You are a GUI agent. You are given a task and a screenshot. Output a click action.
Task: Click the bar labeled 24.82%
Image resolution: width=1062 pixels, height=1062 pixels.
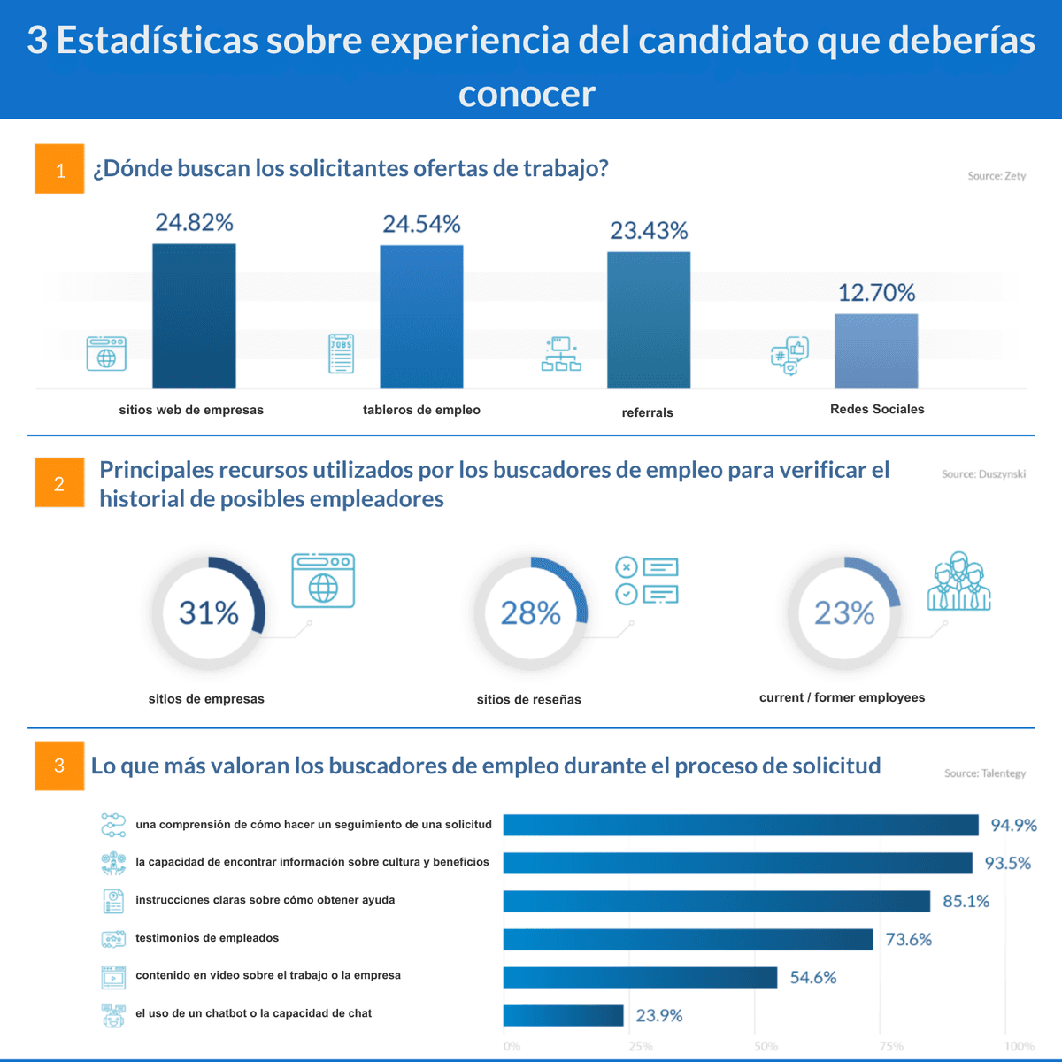coord(194,316)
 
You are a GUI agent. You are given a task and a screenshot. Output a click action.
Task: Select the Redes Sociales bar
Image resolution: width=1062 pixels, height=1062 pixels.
coord(875,350)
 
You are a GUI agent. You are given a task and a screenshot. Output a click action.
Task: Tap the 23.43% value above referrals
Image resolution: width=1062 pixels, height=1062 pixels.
coord(649,231)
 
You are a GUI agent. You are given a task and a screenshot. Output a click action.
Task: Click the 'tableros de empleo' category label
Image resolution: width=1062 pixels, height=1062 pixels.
coord(421,410)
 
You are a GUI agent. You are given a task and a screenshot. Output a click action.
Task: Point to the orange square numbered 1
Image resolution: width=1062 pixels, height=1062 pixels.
coord(59,169)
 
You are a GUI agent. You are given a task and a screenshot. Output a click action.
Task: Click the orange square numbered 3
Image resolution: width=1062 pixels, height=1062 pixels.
coord(59,766)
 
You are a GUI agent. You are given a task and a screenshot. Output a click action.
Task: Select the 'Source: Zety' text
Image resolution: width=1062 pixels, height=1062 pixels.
coord(997,176)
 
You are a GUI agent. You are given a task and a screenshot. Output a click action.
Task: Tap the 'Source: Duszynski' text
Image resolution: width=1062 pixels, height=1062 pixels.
coord(983,474)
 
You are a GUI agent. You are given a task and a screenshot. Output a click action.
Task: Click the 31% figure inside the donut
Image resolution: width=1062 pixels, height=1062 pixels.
coord(209,612)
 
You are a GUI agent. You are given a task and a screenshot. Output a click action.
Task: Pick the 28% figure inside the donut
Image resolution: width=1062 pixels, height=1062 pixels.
coord(531,612)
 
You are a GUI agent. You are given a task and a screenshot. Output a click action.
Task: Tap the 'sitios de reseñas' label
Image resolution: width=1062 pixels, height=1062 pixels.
coord(528,699)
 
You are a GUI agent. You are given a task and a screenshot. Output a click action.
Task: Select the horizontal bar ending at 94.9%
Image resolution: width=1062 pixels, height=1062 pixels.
coord(741,825)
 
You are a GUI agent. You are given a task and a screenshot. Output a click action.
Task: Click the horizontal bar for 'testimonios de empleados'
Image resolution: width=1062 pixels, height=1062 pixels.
coord(688,939)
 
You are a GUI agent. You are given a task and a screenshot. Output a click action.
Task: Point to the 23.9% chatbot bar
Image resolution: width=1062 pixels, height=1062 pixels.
coord(563,1015)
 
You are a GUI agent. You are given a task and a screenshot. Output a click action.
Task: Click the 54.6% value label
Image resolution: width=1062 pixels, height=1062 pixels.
coord(812,977)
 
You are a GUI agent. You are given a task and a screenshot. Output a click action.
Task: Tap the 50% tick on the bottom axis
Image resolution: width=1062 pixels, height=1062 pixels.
coord(766,1046)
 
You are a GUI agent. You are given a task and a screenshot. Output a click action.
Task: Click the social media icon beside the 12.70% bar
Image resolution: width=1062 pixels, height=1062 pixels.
coord(789,356)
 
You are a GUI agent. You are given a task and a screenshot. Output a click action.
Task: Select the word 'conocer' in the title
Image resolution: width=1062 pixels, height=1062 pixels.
coord(527,94)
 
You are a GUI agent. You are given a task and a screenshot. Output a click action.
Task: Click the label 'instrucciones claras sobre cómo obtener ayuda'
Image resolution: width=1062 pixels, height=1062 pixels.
coord(265,900)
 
